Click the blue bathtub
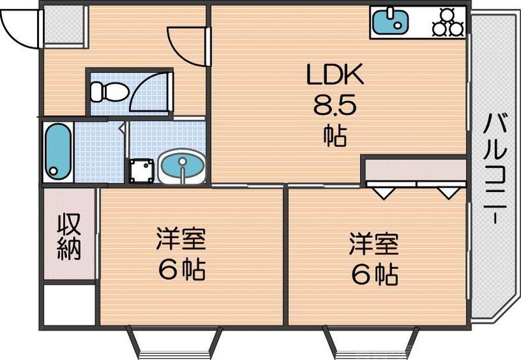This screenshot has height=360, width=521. [x=58, y=151]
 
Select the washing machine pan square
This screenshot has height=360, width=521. [x=141, y=171]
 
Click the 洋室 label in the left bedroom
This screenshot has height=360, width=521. [x=180, y=240]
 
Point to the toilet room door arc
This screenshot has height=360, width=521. [x=147, y=94]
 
